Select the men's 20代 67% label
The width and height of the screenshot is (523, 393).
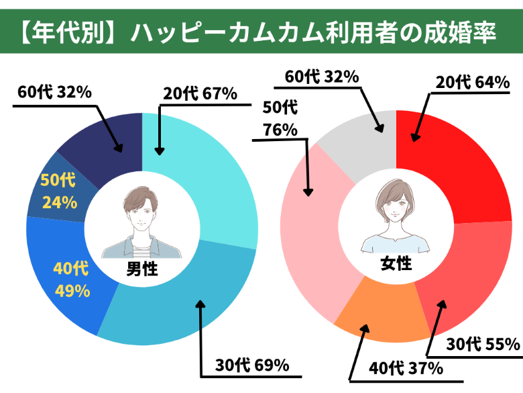click(200, 93)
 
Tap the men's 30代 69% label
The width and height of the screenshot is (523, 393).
click(251, 366)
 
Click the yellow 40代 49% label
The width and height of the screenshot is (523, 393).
click(71, 279)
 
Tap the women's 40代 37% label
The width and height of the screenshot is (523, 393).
click(406, 368)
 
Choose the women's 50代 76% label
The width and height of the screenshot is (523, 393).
click(281, 118)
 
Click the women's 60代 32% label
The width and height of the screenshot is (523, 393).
click(322, 76)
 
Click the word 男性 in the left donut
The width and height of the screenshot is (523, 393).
click(141, 269)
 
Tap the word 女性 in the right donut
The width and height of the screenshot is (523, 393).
click(396, 263)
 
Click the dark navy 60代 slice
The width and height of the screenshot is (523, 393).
click(107, 138)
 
